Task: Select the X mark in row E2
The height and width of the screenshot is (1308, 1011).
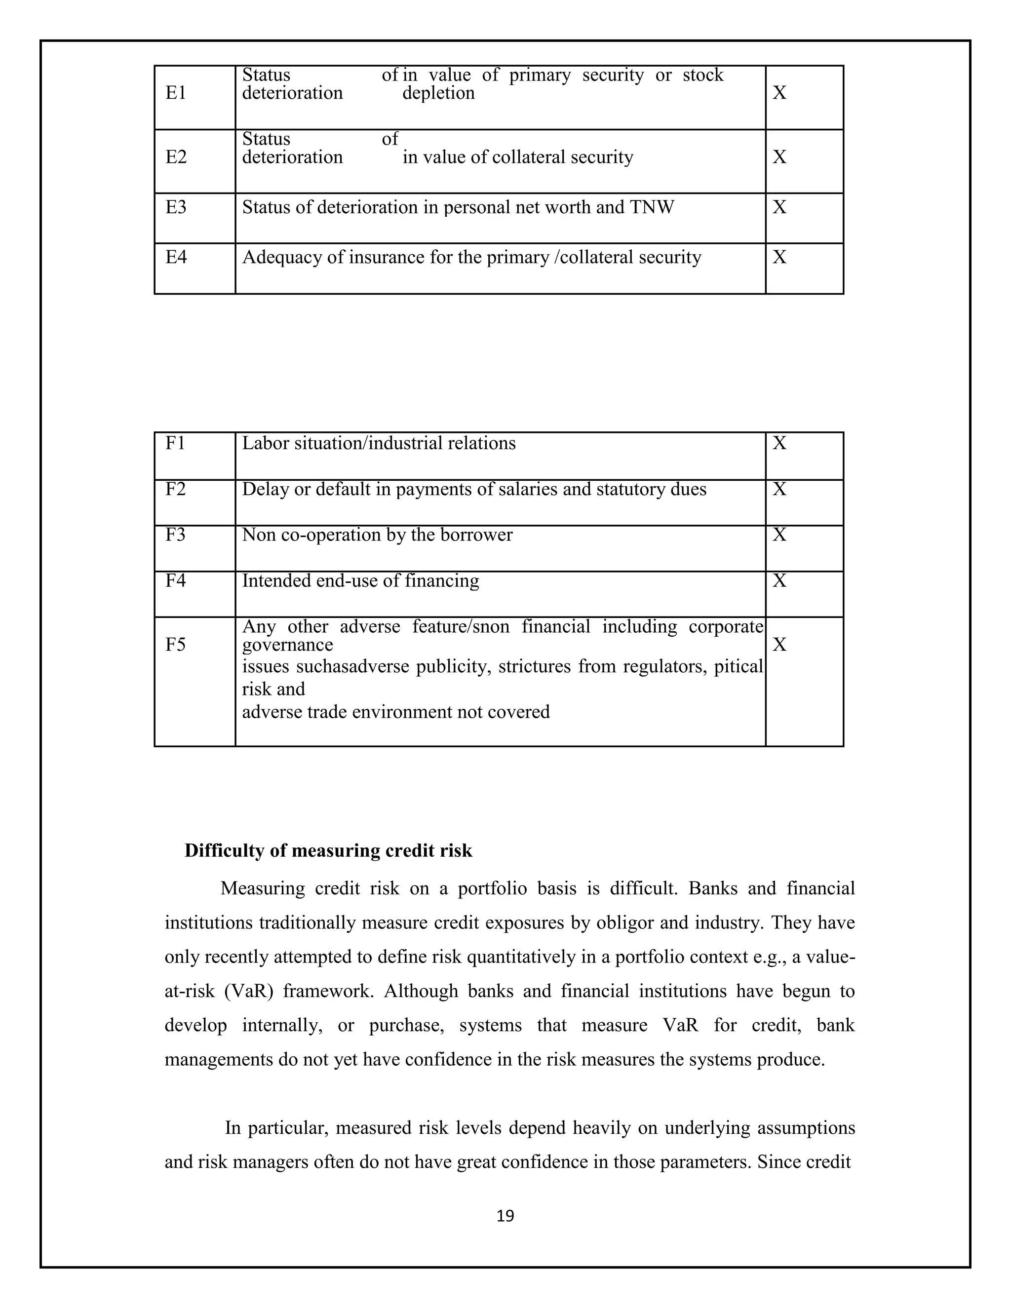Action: tap(778, 157)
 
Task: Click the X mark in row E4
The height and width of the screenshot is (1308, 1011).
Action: tap(778, 258)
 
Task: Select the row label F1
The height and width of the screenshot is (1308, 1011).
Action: tap(175, 443)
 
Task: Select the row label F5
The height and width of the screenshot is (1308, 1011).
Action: tap(175, 645)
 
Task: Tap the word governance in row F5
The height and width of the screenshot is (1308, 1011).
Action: tap(287, 645)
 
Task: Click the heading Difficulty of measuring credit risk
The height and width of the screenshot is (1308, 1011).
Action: tap(328, 850)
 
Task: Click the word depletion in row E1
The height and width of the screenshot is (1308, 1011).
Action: tap(438, 93)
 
